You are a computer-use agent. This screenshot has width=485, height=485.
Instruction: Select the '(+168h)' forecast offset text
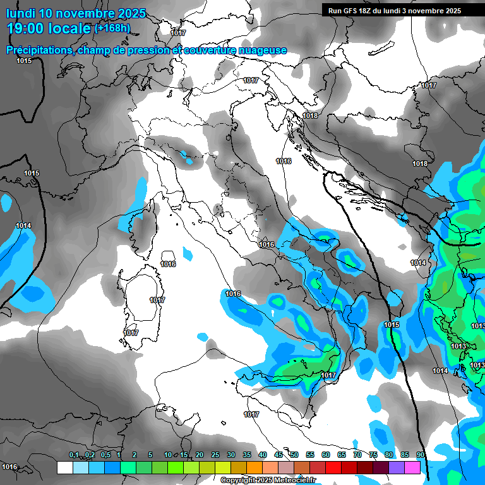tap(112, 28)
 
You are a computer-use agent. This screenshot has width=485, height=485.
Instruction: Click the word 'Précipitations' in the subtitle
tap(39, 51)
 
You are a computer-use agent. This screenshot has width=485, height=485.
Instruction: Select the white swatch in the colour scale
tap(64, 468)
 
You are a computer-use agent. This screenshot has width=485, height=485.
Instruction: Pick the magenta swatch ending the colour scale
tap(412, 468)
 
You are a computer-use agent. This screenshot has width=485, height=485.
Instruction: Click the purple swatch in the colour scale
tap(397, 468)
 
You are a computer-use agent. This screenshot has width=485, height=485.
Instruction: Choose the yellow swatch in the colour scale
tap(222, 468)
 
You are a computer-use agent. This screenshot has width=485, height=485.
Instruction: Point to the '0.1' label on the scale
tap(74, 455)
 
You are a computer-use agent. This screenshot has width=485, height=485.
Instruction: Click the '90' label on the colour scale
tap(421, 455)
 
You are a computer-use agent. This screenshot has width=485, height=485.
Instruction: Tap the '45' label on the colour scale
tap(278, 455)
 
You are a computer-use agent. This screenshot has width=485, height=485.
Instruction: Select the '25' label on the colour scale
tap(215, 455)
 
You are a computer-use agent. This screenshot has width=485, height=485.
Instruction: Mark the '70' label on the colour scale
tap(357, 455)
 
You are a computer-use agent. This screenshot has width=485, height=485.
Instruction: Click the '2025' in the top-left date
tap(130, 13)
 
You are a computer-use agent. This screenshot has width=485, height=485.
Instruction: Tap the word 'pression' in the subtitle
tap(150, 51)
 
